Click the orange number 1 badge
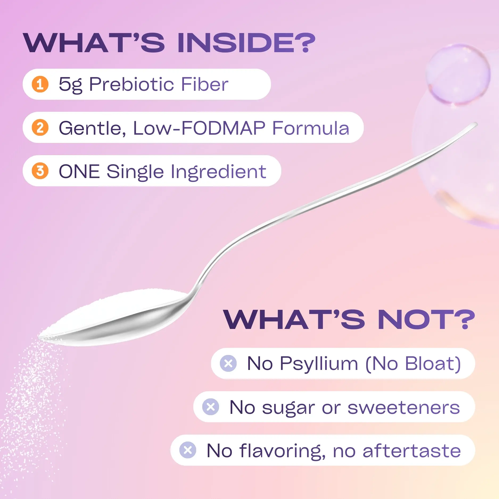pos(40,84)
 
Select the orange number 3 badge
pos(40,171)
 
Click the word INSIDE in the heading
pos(246,43)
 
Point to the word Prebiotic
pos(132,84)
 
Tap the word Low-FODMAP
pos(199,128)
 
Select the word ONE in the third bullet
pos(79,171)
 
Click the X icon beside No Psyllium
pos(228,363)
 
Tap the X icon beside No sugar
pos(211,407)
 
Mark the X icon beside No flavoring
pos(188,450)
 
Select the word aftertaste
pos(412,451)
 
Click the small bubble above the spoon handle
pos(458,74)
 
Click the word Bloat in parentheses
pos(430,363)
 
